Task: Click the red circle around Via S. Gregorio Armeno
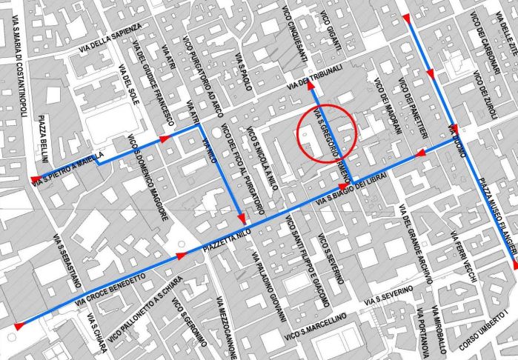[327, 134]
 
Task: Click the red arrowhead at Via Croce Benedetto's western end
[19, 325]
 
